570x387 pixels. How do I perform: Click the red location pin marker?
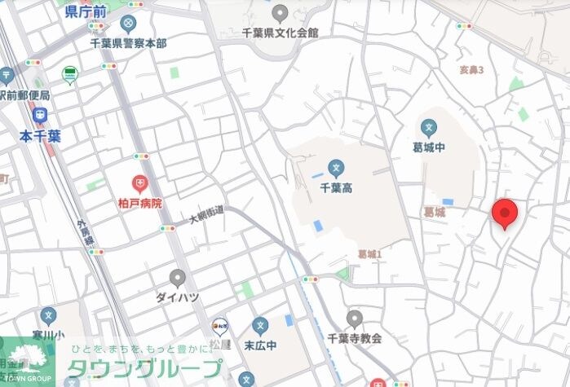pyautogui.click(x=506, y=213)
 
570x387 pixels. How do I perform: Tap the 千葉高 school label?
pyautogui.click(x=334, y=188)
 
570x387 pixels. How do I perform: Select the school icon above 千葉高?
pyautogui.click(x=334, y=169)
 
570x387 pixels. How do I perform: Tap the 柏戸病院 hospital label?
pyautogui.click(x=141, y=203)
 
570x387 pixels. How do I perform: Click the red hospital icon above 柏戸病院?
pyautogui.click(x=141, y=183)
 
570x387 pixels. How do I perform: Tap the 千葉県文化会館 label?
pyautogui.click(x=281, y=33)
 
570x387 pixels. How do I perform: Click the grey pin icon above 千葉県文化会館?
pyautogui.click(x=281, y=13)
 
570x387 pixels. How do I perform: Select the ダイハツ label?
pyautogui.click(x=177, y=297)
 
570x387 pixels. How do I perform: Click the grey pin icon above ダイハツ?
pyautogui.click(x=177, y=278)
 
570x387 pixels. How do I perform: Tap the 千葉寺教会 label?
pyautogui.click(x=354, y=337)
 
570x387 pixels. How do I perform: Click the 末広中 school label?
pyautogui.click(x=261, y=345)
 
